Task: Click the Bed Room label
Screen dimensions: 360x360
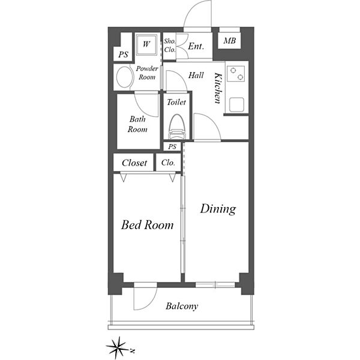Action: (x=147, y=225)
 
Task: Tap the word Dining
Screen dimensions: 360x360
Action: (x=218, y=209)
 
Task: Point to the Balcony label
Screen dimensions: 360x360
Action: (x=182, y=306)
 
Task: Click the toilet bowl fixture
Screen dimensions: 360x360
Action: (x=176, y=127)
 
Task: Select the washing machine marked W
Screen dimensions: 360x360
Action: (x=146, y=44)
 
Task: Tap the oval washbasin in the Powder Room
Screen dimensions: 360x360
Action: (x=125, y=77)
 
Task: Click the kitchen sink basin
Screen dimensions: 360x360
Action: (x=236, y=104)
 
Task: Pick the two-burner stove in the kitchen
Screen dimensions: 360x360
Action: (x=236, y=73)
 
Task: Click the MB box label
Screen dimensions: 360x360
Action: (x=230, y=41)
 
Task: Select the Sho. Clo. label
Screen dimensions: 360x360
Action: (x=170, y=46)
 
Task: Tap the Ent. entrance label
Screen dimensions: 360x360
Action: (x=196, y=46)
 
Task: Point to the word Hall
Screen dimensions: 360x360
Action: (x=196, y=76)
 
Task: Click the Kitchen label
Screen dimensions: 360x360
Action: (x=218, y=88)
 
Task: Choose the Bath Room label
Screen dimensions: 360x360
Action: (x=137, y=124)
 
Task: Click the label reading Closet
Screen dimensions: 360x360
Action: (x=134, y=163)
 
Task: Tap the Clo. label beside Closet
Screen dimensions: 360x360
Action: (x=168, y=163)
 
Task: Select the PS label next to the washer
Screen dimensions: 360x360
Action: (x=123, y=55)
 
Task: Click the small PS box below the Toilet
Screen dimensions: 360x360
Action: (x=172, y=146)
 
